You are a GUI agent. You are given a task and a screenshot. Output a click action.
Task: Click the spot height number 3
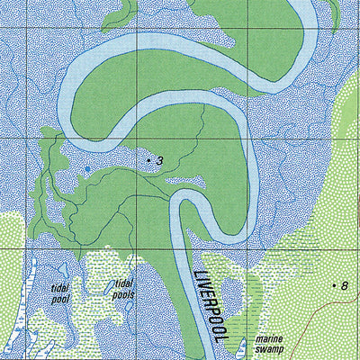click(159, 161)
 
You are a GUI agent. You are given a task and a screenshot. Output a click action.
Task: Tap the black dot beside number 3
click(149, 160)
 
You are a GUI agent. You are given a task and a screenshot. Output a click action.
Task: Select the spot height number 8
click(345, 286)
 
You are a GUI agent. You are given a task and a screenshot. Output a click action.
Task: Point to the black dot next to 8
click(334, 286)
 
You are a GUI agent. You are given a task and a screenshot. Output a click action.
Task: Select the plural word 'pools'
click(124, 294)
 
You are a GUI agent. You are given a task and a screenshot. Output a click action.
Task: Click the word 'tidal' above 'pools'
click(123, 283)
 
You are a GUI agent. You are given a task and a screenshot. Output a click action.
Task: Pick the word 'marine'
click(269, 337)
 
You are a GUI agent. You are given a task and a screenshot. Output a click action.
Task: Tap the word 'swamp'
click(269, 348)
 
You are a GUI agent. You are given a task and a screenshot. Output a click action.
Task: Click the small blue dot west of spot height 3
click(87, 168)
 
